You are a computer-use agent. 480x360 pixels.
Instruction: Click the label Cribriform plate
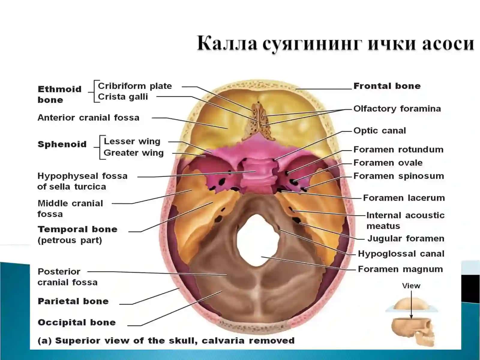[135, 86]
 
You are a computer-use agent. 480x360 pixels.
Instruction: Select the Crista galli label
[123, 97]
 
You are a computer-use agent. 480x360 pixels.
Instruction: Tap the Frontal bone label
[387, 86]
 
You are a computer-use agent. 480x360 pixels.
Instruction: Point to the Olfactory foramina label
[397, 109]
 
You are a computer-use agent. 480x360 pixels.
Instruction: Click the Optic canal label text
[379, 131]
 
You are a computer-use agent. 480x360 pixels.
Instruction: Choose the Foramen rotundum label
[398, 150]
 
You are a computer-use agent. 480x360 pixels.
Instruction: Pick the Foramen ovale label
[388, 163]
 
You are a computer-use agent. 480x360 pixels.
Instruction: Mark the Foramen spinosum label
[399, 176]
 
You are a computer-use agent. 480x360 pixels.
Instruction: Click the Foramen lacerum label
[404, 198]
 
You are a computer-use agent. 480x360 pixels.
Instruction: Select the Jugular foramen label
[406, 238]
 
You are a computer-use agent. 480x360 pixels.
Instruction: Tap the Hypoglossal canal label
[401, 254]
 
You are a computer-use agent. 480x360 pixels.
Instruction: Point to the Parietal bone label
[73, 301]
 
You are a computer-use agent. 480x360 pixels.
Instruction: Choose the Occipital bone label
[76, 322]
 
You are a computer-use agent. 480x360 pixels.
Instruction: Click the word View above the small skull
[411, 286]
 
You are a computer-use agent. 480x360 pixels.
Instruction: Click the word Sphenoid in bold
[62, 145]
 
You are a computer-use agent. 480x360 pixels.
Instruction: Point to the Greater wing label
[133, 153]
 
